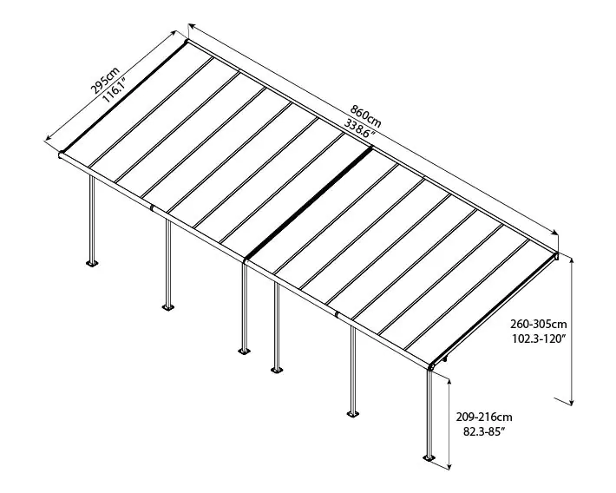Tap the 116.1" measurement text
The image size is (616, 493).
pos(113,89)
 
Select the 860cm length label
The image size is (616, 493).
pos(364,114)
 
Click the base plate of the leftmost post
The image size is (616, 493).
pos(91,262)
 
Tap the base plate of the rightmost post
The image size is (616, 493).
pos(429,457)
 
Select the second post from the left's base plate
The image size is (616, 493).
pos(168,306)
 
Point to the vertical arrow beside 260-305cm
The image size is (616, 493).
pos(573,330)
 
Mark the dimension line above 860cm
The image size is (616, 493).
pos(373,130)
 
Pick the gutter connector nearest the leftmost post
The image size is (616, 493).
pos(154,208)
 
